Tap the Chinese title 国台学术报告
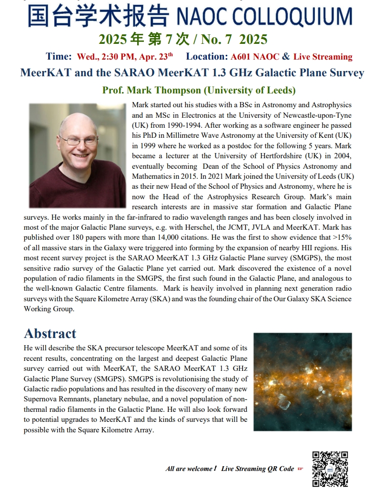click(x=98, y=17)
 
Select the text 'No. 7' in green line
click(x=219, y=39)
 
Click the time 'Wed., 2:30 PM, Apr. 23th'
click(x=125, y=57)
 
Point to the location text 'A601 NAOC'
click(x=254, y=57)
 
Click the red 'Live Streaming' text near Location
click(x=323, y=57)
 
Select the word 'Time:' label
click(x=59, y=57)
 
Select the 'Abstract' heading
click(x=50, y=333)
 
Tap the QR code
click(x=330, y=469)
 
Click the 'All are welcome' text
click(x=189, y=469)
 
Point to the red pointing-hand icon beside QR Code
click(x=300, y=469)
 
